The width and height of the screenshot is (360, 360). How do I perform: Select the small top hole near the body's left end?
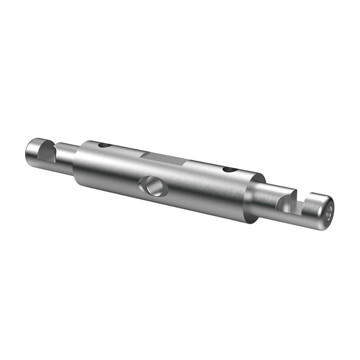(104, 145)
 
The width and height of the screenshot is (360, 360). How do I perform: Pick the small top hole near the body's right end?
(229, 170)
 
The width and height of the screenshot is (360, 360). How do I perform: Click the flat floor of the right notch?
(295, 208)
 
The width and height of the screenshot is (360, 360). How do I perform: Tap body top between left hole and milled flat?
(124, 149)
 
